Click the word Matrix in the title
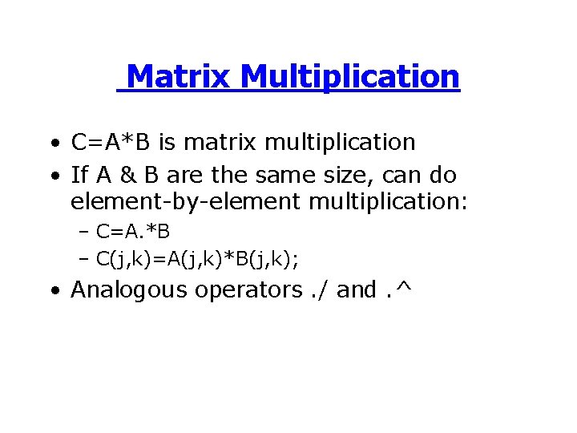[179, 77]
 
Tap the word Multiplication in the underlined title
[349, 77]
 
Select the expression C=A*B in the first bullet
[111, 143]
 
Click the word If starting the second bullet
[79, 175]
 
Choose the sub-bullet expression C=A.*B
[133, 233]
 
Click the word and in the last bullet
[357, 289]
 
